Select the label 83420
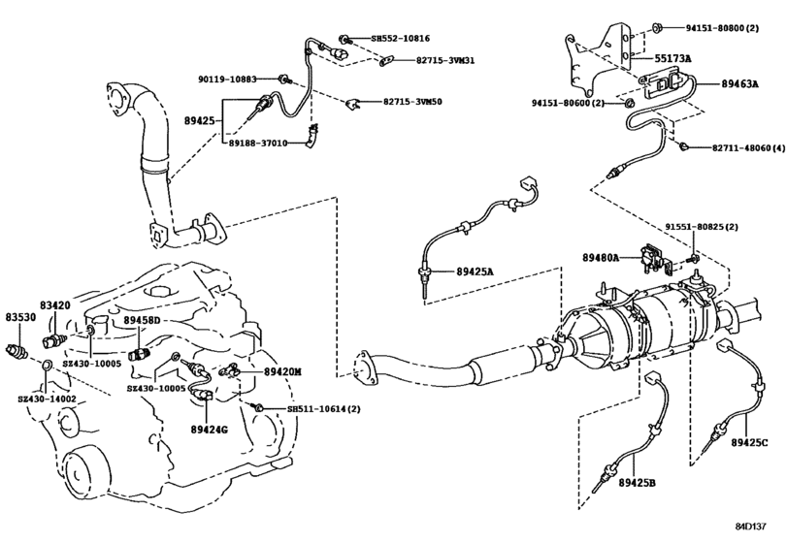point(55,304)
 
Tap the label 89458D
point(147,320)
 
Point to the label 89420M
point(283,371)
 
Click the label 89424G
point(210,428)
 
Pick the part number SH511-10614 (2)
point(324,410)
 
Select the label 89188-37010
point(258,144)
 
